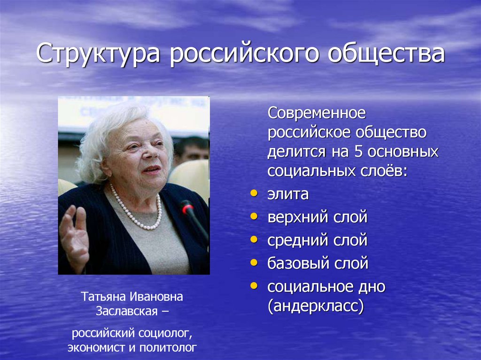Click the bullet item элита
point(288,194)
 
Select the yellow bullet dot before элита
point(254,193)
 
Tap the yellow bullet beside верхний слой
point(254,216)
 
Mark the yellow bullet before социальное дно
point(254,285)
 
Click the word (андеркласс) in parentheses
point(316,307)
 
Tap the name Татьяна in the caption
point(102,297)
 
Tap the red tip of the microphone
point(186,207)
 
